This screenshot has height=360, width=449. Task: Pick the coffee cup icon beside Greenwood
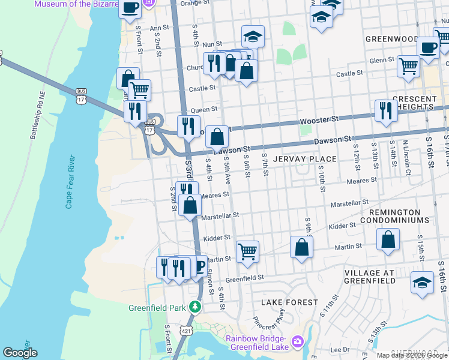(x=428, y=47)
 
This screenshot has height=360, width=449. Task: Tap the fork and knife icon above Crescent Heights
(x=384, y=110)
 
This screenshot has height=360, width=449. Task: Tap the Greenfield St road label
(x=245, y=278)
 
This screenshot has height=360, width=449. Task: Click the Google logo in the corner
(x=20, y=353)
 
